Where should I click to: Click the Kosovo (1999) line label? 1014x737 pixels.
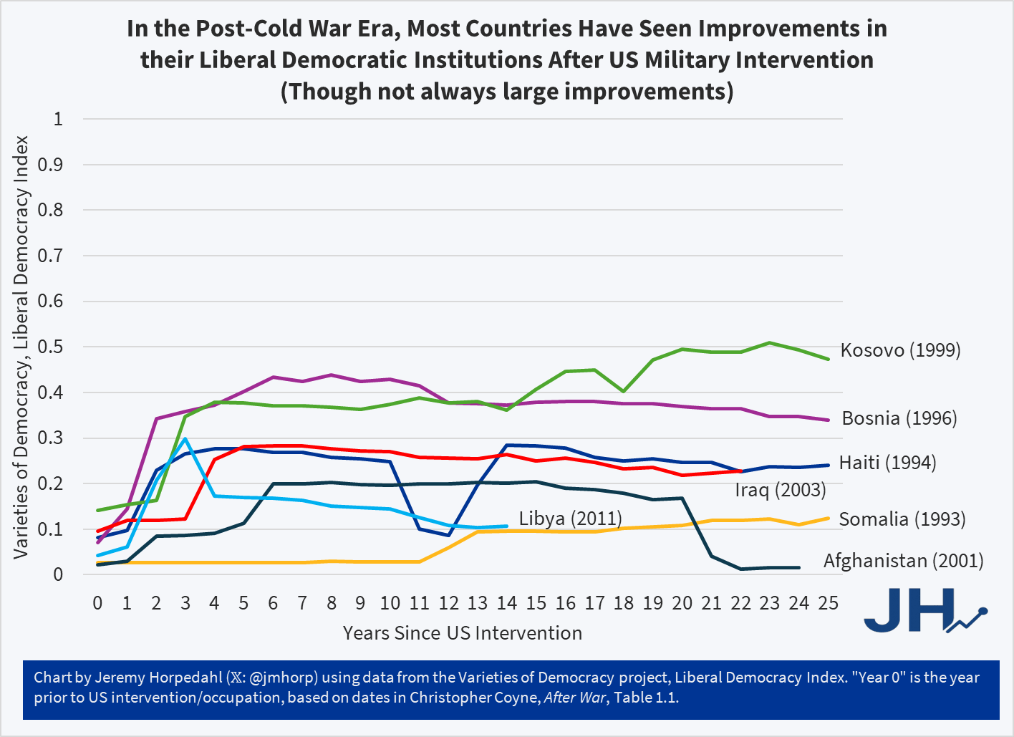[900, 350]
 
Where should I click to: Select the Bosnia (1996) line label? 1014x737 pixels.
[899, 418]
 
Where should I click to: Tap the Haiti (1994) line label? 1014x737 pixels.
[887, 463]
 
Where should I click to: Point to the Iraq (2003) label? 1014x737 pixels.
[780, 490]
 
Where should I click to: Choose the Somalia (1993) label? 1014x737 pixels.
[902, 519]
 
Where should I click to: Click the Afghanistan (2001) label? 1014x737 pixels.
[903, 561]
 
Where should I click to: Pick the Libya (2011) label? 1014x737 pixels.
[570, 518]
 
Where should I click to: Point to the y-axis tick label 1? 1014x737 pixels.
[59, 119]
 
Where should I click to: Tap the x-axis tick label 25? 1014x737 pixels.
[828, 603]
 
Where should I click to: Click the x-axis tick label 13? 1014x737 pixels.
[477, 603]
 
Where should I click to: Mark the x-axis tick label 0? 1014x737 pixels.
[98, 603]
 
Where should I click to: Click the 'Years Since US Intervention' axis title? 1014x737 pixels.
[462, 633]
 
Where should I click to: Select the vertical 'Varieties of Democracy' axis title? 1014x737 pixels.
[22, 347]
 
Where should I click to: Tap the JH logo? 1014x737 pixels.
[924, 611]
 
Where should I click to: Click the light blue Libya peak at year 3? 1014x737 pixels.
[185, 439]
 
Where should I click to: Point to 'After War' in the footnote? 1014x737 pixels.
[574, 698]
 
